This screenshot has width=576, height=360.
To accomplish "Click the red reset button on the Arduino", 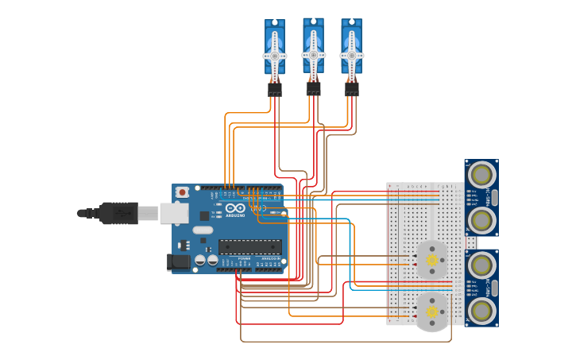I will pyautogui.click(x=183, y=192).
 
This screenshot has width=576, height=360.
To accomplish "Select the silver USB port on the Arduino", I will pyautogui.click(x=173, y=213).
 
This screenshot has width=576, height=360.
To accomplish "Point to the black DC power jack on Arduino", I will pyautogui.click(x=178, y=261).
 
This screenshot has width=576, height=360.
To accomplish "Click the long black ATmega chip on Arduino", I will pyautogui.click(x=249, y=247).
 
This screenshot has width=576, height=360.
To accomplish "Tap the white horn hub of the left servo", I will pyautogui.click(x=275, y=56).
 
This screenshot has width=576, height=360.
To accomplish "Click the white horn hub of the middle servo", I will pyautogui.click(x=313, y=55).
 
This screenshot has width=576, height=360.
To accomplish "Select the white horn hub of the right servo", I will pyautogui.click(x=352, y=56).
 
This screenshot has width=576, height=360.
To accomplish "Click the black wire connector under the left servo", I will pyautogui.click(x=275, y=90).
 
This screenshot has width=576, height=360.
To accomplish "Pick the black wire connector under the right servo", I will pyautogui.click(x=352, y=90).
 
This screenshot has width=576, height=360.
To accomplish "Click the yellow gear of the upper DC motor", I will pyautogui.click(x=432, y=260).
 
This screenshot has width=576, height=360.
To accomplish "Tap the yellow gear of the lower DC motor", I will pyautogui.click(x=432, y=312).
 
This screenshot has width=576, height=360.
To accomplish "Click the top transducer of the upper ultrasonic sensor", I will pyautogui.click(x=481, y=173).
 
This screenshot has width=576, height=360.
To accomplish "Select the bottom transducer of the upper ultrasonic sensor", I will pyautogui.click(x=481, y=219).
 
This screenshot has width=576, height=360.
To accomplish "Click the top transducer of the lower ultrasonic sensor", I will pyautogui.click(x=481, y=264).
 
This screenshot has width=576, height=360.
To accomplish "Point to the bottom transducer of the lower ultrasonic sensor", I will pyautogui.click(x=481, y=309).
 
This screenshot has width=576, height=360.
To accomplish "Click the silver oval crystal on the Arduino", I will pyautogui.click(x=203, y=230).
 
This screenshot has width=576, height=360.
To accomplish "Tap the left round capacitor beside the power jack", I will pyautogui.click(x=200, y=260).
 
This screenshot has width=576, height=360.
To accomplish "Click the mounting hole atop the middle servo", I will pyautogui.click(x=313, y=21).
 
